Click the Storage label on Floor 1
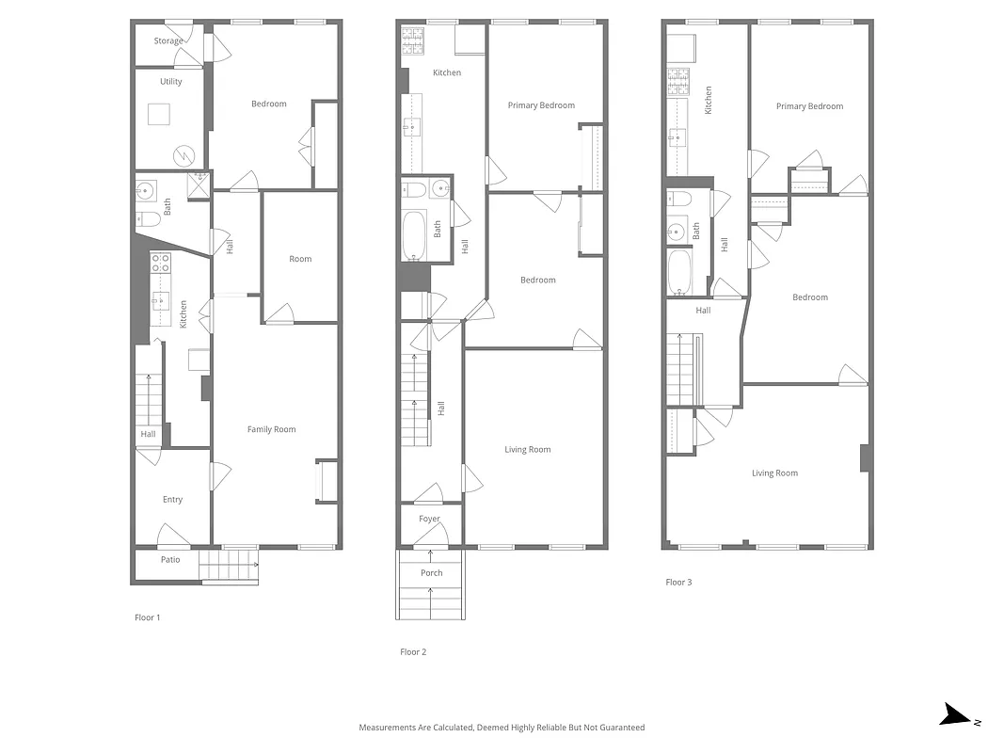click(168, 41)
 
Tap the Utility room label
click(170, 82)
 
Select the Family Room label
click(271, 430)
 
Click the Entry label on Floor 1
click(172, 500)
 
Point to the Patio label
click(169, 560)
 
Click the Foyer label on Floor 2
click(429, 520)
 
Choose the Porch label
click(431, 573)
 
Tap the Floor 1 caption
click(148, 617)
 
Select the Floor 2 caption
click(413, 652)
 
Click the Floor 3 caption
click(678, 583)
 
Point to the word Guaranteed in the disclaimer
click(622, 728)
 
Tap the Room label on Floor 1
click(300, 259)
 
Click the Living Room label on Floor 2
click(527, 450)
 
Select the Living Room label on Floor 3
click(774, 473)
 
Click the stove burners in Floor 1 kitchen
click(160, 263)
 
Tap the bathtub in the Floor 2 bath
click(415, 236)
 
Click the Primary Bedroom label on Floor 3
click(809, 106)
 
